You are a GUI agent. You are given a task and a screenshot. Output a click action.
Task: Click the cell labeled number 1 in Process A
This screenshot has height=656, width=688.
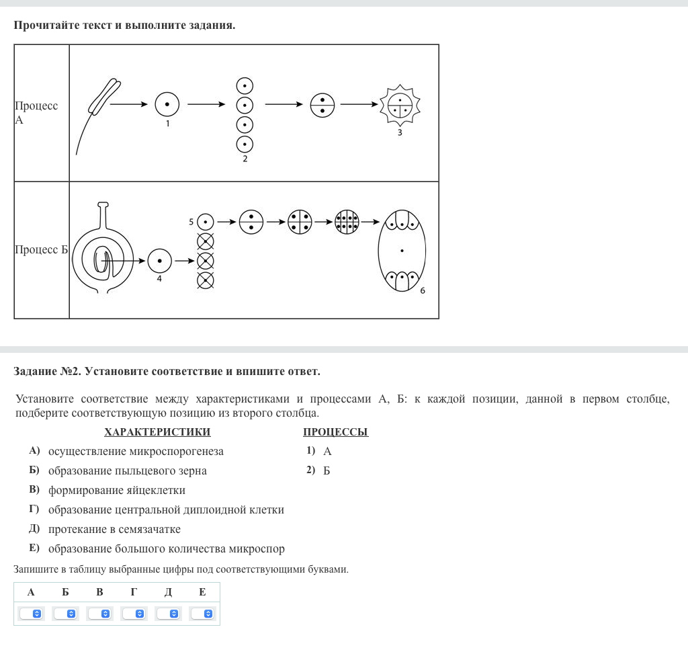tap(167, 104)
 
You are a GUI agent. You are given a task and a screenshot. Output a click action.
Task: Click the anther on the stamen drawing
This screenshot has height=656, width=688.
tap(104, 97)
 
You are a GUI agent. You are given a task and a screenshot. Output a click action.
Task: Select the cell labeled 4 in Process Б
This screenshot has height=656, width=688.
tap(159, 261)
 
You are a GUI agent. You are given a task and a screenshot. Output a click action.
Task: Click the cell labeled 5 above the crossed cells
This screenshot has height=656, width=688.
tap(206, 222)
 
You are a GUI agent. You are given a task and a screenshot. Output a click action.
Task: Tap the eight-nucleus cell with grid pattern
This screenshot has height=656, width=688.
tap(347, 222)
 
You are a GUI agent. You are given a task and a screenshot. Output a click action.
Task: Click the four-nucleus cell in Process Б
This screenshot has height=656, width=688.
tap(300, 222)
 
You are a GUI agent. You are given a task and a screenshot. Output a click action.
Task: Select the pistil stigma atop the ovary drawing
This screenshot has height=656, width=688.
tap(103, 204)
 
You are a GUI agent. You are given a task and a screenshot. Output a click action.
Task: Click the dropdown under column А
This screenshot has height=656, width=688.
tap(31, 614)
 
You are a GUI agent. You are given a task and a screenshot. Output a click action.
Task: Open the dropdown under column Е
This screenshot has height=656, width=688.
tap(202, 614)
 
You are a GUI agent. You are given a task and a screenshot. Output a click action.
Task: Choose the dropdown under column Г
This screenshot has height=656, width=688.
tap(134, 614)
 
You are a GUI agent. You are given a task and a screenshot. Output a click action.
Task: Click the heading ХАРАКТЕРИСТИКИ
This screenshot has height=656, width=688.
tap(157, 432)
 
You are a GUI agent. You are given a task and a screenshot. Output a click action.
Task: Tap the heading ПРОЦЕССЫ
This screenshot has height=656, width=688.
tap(336, 432)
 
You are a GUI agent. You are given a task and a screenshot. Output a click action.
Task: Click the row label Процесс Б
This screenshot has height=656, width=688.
tap(41, 249)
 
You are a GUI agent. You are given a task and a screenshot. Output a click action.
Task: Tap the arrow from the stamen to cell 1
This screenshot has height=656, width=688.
tap(128, 104)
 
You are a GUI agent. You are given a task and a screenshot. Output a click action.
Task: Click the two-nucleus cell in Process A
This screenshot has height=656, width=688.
tap(322, 106)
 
